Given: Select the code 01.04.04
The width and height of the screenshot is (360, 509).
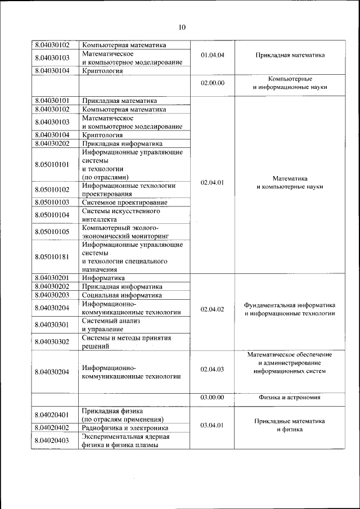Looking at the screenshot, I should pyautogui.click(x=212, y=56).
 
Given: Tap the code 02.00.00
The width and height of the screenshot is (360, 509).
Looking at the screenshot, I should pyautogui.click(x=212, y=83).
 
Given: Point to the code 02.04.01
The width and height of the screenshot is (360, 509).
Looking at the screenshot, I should pyautogui.click(x=212, y=182).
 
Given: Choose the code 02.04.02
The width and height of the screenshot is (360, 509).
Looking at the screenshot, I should pyautogui.click(x=212, y=309).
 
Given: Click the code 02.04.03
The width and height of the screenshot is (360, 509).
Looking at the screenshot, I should pyautogui.click(x=212, y=369).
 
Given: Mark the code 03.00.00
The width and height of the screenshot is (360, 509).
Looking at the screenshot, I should pyautogui.click(x=212, y=397).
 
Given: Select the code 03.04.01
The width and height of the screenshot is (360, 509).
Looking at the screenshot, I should pyautogui.click(x=212, y=425).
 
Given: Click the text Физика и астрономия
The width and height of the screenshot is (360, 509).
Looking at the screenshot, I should pyautogui.click(x=290, y=397).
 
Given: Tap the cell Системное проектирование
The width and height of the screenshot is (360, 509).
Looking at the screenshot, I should pyautogui.click(x=124, y=202).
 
